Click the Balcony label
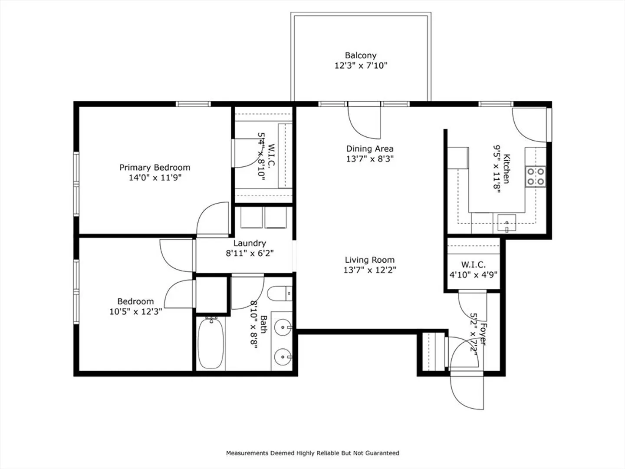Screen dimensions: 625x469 click(x=361, y=55)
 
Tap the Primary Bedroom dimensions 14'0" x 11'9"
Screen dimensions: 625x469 click(x=155, y=178)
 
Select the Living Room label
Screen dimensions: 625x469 click(x=370, y=260)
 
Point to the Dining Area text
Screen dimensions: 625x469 click(x=370, y=149)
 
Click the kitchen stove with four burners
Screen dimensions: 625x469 click(x=535, y=177)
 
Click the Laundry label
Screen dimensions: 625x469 click(x=250, y=243)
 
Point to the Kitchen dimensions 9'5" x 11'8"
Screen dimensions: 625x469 click(x=497, y=169)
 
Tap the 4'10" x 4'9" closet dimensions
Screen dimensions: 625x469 click(x=473, y=275)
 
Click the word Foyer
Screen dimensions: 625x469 click(x=483, y=334)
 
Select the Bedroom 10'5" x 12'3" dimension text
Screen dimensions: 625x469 click(x=136, y=311)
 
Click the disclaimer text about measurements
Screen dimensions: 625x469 click(x=312, y=453)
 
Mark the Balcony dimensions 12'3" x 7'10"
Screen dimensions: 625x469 click(x=361, y=66)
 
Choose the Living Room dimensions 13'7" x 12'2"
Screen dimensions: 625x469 click(x=370, y=270)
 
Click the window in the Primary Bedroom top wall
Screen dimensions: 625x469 click(x=193, y=104)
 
